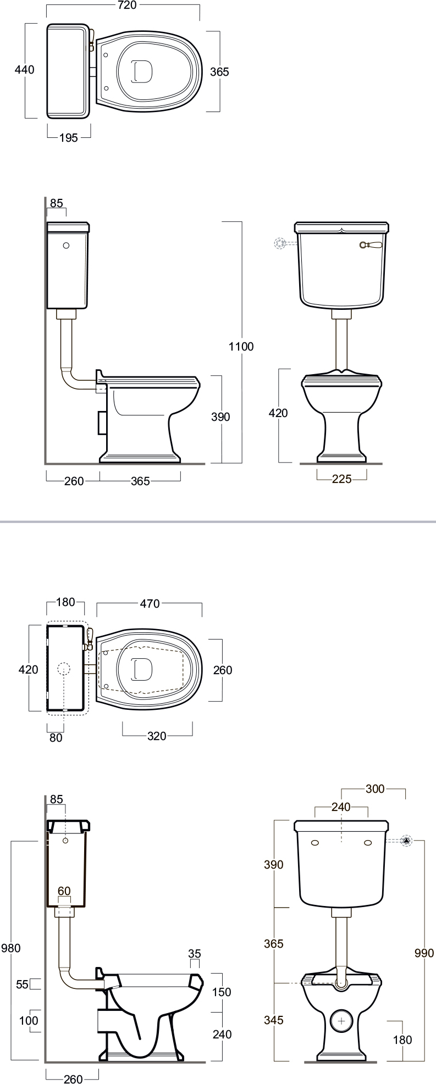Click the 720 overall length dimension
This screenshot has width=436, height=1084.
pos(126,5)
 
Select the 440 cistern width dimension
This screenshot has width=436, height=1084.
pos(25,70)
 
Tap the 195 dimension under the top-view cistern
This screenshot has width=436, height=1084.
pos(68,138)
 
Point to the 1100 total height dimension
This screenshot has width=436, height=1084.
pos(241,346)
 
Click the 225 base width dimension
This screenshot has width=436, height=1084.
pos(342,479)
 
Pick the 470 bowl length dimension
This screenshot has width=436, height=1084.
pos(150,604)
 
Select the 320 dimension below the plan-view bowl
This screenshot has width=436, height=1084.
pos(157,736)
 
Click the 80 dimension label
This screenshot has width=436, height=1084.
pos(56,738)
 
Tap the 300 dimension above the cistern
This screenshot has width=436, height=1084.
pos(375,790)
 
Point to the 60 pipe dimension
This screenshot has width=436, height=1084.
pos(64,891)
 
